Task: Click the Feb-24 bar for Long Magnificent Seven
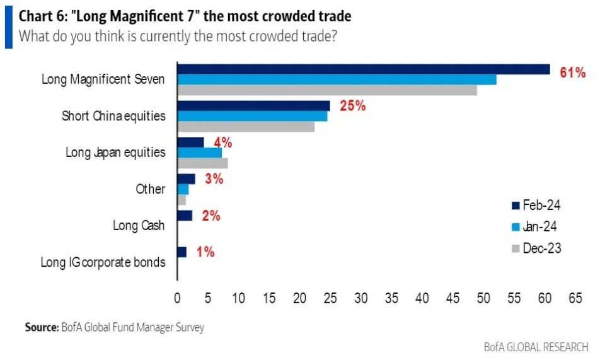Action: tap(363, 69)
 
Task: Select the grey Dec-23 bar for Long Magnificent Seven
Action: tap(326, 90)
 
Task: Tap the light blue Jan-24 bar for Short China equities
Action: tap(252, 116)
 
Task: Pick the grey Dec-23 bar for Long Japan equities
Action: tap(202, 163)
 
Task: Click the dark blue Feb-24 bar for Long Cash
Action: tap(185, 216)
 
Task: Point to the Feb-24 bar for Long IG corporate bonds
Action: tap(182, 252)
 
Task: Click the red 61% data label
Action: tap(572, 73)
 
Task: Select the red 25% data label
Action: tap(352, 106)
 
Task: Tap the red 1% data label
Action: tap(205, 252)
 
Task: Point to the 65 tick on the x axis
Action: tap(575, 298)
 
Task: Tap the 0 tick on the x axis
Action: tap(178, 298)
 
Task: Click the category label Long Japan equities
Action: tap(115, 153)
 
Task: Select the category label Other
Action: tap(150, 189)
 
